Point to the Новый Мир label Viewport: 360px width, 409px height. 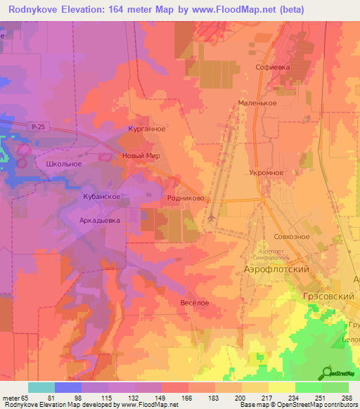[x=141, y=156]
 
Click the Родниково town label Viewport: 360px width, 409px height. [x=186, y=199]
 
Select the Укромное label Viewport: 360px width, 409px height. [x=266, y=172]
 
